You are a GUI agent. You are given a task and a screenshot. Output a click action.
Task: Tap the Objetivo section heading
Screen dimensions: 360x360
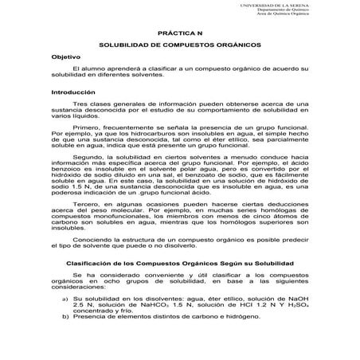pos(66,61)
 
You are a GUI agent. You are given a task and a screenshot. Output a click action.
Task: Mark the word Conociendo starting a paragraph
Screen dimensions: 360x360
pos(92,238)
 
